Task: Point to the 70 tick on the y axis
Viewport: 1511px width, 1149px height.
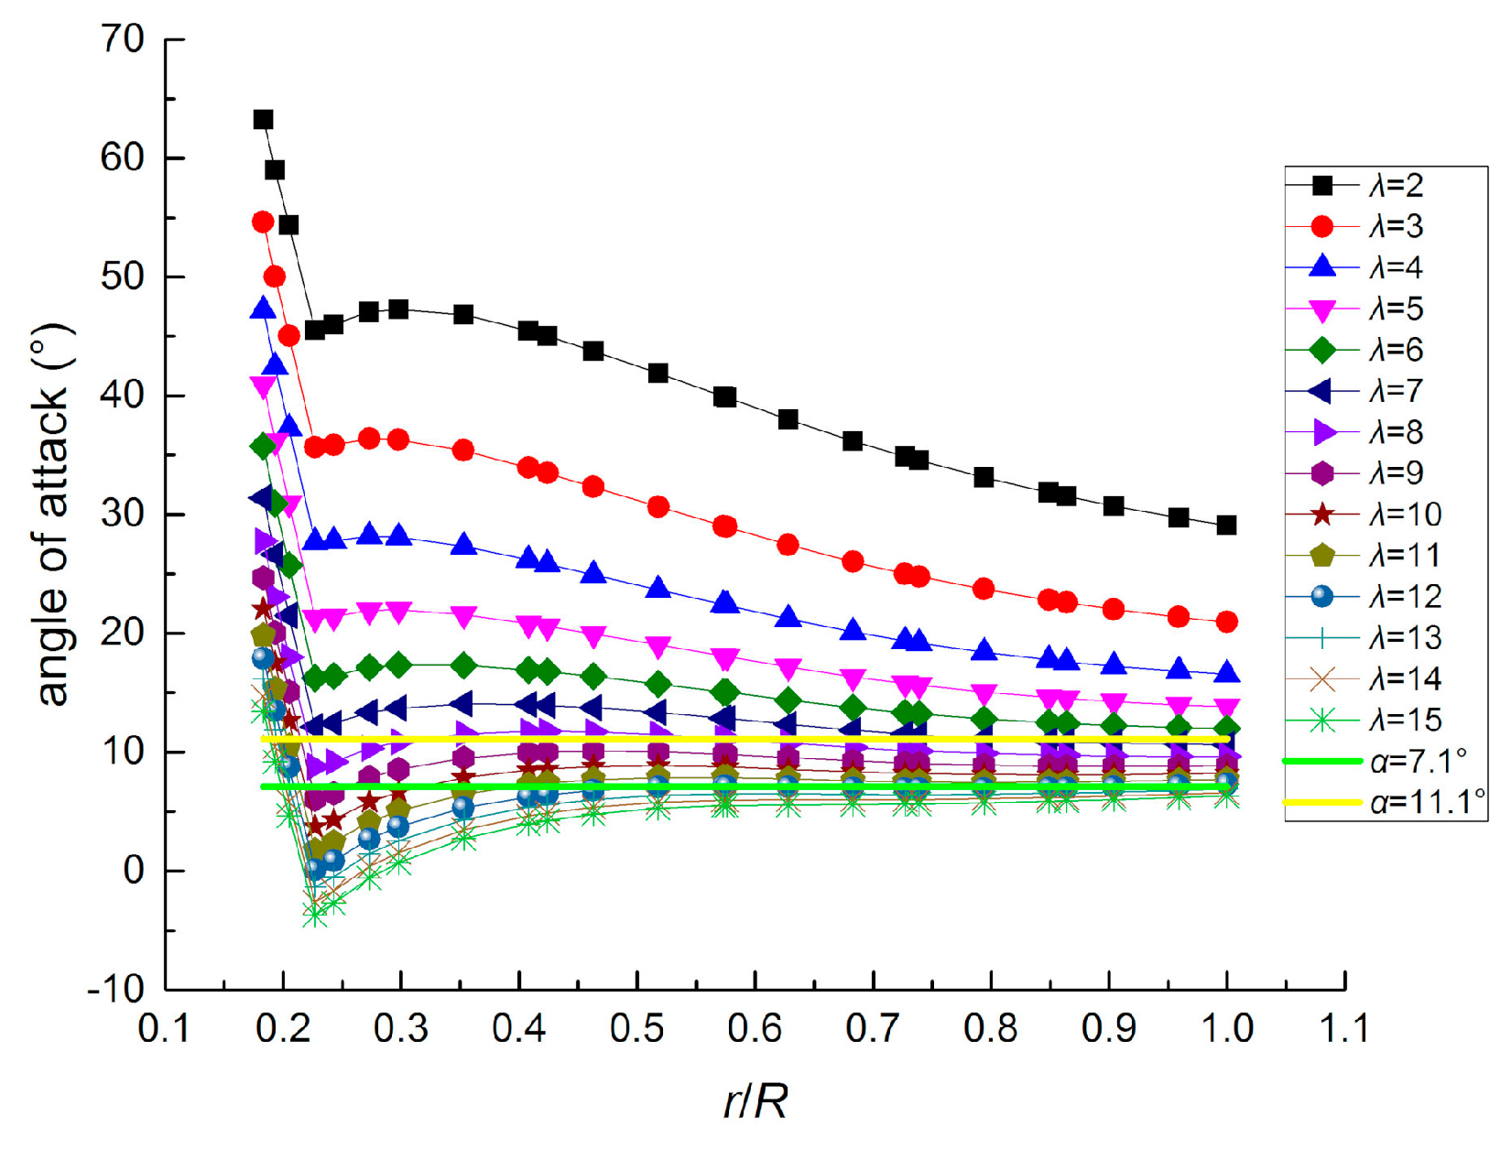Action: click(123, 39)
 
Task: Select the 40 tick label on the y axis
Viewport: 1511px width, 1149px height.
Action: click(123, 396)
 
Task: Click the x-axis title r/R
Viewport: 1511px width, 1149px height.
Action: click(755, 1101)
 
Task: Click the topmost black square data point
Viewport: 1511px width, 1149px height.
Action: click(263, 119)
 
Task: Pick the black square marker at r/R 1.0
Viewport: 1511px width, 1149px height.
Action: click(1226, 526)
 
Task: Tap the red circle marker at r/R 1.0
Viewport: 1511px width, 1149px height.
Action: click(1226, 622)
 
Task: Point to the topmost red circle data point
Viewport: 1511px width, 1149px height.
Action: click(263, 222)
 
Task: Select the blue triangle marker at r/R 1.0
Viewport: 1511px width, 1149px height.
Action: click(1226, 673)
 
